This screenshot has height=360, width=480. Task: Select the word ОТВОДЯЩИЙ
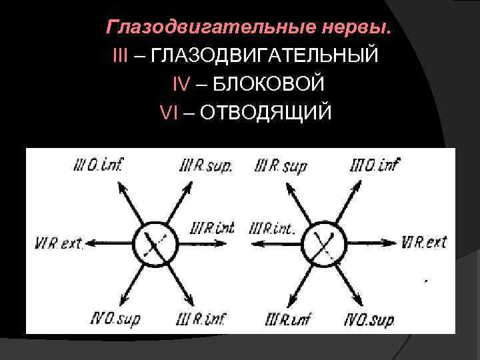click(x=265, y=112)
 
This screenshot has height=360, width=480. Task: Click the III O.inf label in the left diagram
click(x=100, y=163)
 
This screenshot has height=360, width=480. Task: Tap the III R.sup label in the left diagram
click(x=206, y=165)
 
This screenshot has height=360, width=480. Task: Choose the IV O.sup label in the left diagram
click(x=115, y=320)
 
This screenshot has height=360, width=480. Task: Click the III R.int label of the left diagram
click(x=213, y=228)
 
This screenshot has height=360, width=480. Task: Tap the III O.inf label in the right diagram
click(x=375, y=163)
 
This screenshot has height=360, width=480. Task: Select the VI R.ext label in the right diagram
click(x=425, y=242)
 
